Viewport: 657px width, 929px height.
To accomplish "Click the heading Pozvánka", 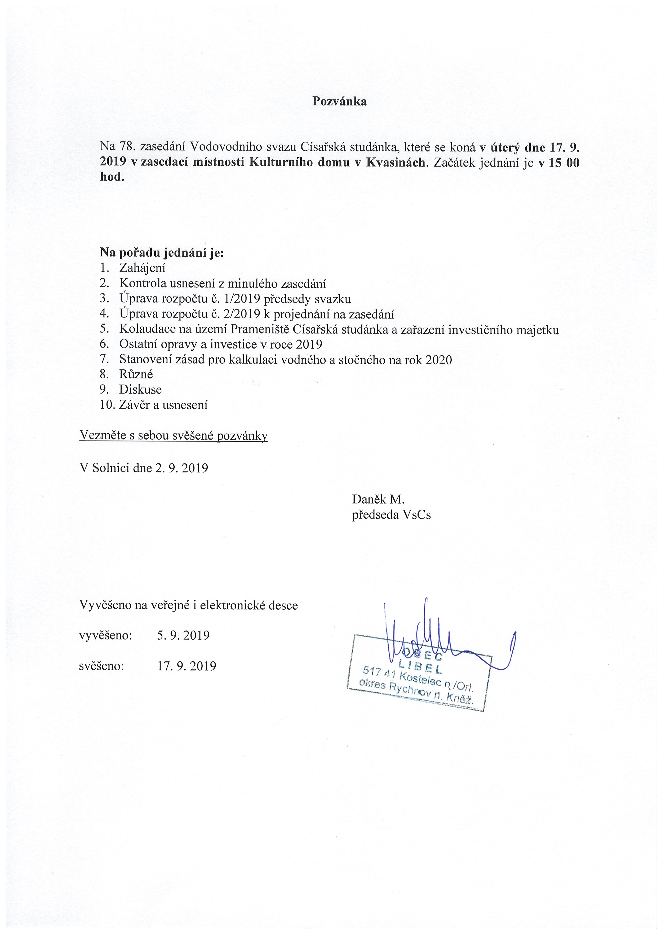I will (339, 101).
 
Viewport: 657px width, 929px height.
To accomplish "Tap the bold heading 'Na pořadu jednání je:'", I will (162, 253).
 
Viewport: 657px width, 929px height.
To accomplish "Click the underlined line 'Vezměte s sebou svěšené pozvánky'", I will (173, 436).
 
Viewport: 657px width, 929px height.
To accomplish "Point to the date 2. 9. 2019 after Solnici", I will (181, 468).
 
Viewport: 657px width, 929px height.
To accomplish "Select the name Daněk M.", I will (378, 499).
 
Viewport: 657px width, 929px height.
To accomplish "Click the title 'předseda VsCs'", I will (391, 515).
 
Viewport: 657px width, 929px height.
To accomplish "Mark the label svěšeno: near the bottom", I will (101, 666).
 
